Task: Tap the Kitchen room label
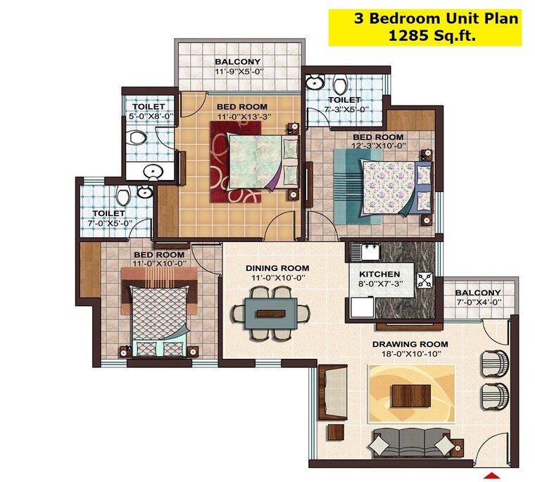click(379, 274)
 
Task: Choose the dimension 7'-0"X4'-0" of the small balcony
click(477, 303)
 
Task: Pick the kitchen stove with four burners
click(425, 279)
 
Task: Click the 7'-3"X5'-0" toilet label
click(344, 101)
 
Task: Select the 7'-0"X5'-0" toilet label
click(109, 213)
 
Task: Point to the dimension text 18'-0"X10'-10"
click(410, 353)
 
